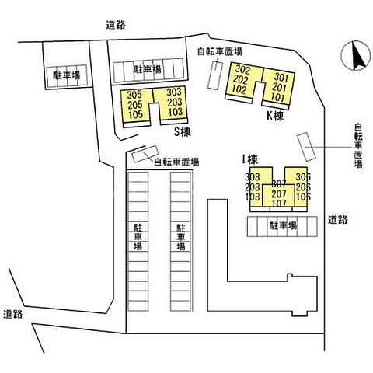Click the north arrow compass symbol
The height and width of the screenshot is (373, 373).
coord(355,55)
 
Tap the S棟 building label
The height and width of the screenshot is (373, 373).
coord(182,132)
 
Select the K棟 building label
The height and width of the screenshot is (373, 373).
coord(275,116)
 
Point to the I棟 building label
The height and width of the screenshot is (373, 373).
coord(250,159)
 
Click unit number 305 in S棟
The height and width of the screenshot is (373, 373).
coord(134,95)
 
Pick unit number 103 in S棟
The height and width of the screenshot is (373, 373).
coord(175,112)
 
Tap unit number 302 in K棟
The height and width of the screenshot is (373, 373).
coord(242,70)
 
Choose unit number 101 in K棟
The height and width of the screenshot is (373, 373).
coord(278,98)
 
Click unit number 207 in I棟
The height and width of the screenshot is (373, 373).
coord(279,193)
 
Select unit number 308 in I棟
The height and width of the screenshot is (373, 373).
coord(253,177)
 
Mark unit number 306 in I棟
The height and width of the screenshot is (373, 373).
coord(303,177)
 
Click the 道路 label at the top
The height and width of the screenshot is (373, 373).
coord(116,25)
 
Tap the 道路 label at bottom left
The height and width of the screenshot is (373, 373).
coord(13,314)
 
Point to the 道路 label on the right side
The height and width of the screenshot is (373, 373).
coord(338,220)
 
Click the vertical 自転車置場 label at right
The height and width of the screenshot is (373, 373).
coord(358,146)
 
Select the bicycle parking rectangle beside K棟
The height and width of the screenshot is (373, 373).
coord(215,75)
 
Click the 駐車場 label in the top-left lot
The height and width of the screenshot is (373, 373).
coord(67,75)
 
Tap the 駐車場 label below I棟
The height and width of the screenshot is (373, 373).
coord(283,226)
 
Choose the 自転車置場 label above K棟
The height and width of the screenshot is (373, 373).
coord(220,51)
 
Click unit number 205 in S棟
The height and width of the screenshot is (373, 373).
coord(135,105)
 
